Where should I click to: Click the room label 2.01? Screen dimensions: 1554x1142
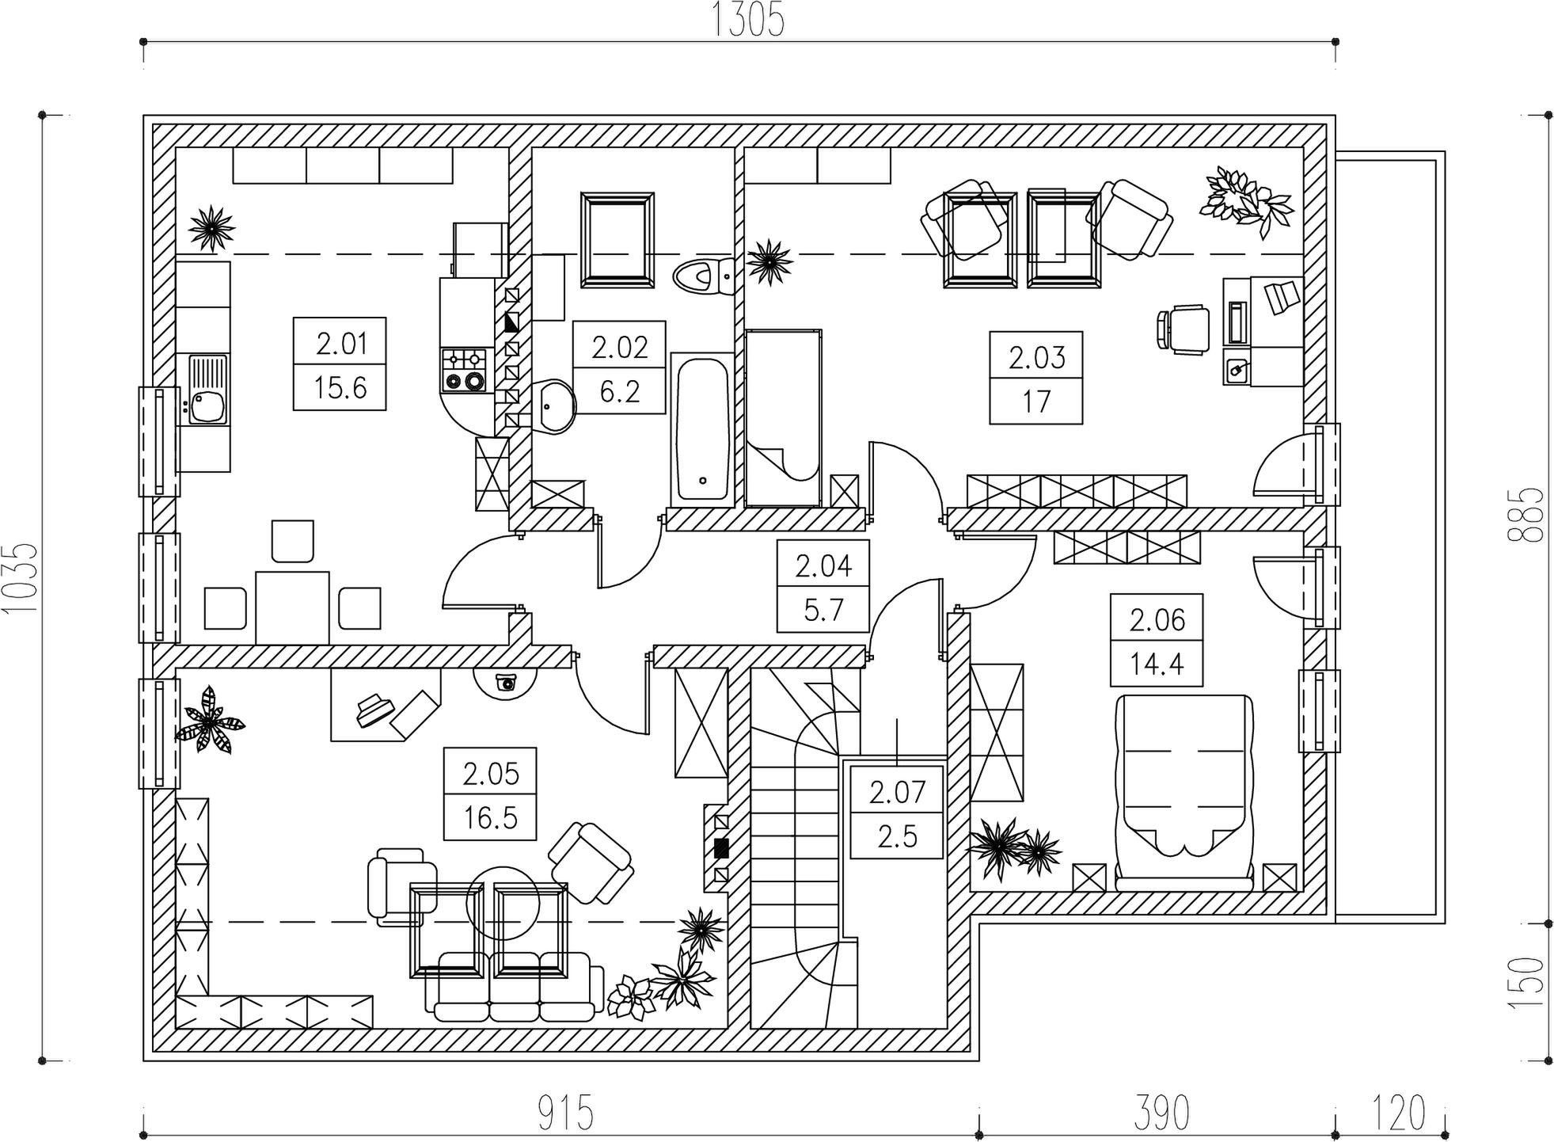pos(342,344)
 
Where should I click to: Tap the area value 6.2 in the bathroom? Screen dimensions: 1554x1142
pos(619,391)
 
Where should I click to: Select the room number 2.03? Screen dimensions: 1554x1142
pos(1037,358)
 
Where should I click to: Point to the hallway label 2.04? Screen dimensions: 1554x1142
pos(823,566)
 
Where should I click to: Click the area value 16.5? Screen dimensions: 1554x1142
pos(491,817)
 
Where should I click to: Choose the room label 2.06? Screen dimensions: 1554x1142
pos(1157,620)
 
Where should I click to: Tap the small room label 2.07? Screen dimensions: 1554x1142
pos(897,792)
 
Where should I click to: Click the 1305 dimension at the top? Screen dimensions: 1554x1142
pos(749,21)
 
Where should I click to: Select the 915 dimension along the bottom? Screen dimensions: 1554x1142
pos(566,1113)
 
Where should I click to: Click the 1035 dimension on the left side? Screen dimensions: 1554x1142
pos(21,578)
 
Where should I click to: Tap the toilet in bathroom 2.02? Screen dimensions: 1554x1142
pos(704,276)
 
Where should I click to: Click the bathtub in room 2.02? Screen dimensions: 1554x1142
pos(702,427)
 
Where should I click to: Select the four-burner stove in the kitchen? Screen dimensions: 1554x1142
pos(463,370)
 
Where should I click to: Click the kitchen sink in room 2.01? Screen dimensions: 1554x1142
pos(208,390)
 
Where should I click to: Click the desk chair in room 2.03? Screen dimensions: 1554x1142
pos(1184,329)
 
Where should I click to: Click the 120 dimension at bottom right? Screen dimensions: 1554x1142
pos(1400,1113)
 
